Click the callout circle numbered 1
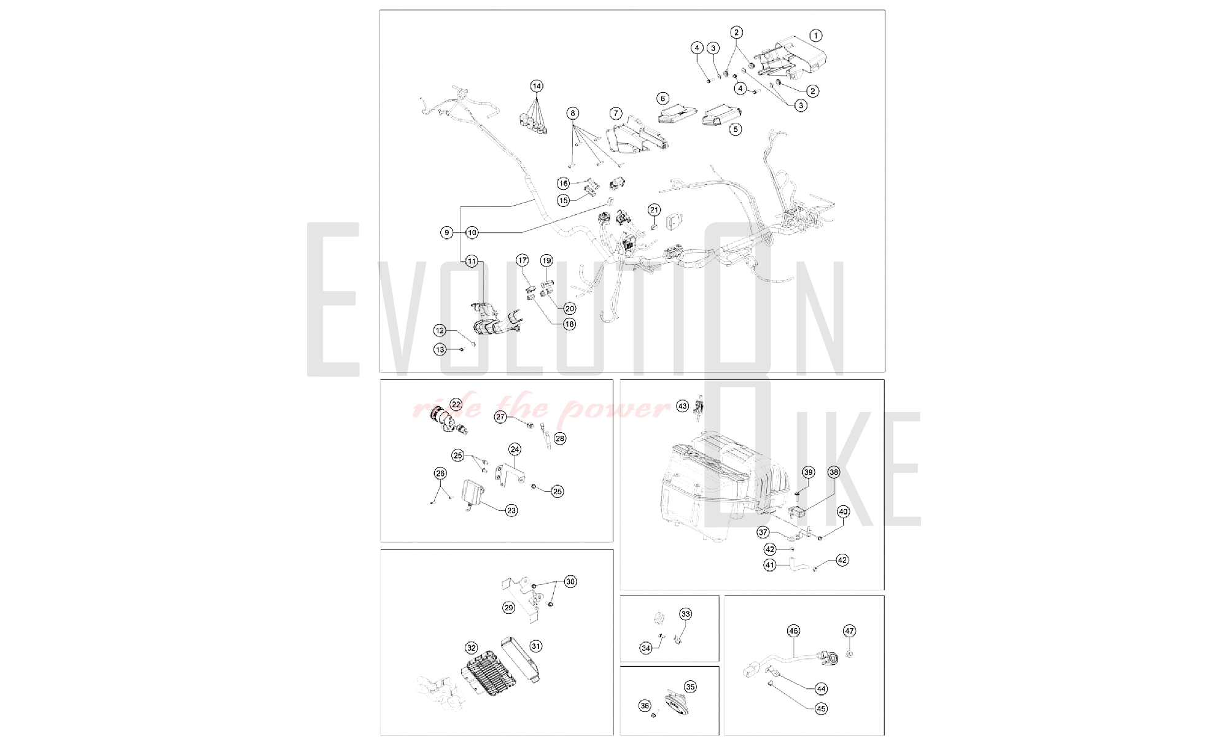click(815, 36)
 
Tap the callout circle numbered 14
click(537, 86)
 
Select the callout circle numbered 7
click(616, 114)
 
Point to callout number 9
click(447, 233)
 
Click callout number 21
click(654, 210)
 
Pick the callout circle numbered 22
click(456, 404)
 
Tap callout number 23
click(511, 510)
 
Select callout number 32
click(471, 648)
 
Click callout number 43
click(682, 406)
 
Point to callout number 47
click(849, 631)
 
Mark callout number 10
click(472, 233)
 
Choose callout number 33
click(686, 614)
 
